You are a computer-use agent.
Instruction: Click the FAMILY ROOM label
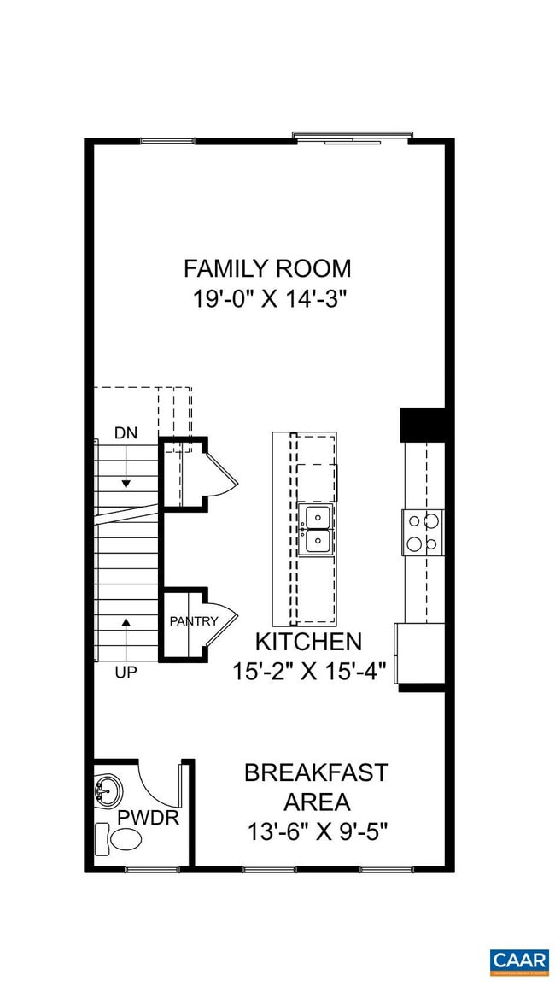(x=267, y=268)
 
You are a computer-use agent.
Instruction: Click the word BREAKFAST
(x=316, y=773)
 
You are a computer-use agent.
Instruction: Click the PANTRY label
(x=193, y=621)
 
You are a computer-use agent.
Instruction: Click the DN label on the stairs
(x=126, y=433)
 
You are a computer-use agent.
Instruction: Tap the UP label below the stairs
(x=126, y=673)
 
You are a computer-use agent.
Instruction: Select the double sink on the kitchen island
(x=316, y=529)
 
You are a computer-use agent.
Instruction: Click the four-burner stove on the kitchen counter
(x=423, y=532)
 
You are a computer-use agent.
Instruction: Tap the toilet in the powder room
(x=119, y=837)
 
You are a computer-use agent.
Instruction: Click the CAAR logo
(x=519, y=960)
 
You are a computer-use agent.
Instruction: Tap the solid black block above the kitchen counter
(x=423, y=425)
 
